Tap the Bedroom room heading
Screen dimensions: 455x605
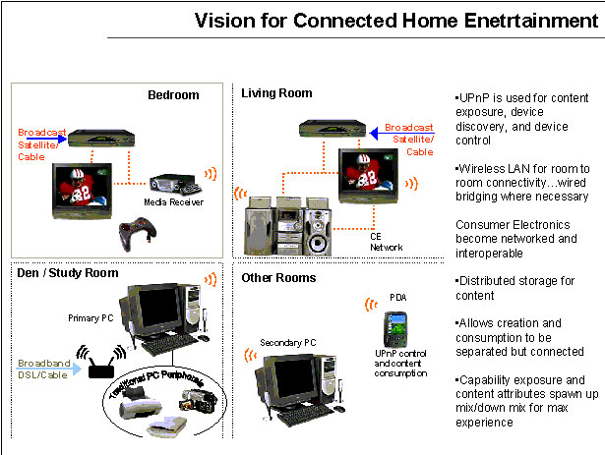pyautogui.click(x=173, y=95)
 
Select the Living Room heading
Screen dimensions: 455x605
pyautogui.click(x=276, y=93)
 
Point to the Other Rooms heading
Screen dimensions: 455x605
pyautogui.click(x=279, y=278)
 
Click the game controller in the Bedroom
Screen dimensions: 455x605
pyautogui.click(x=138, y=236)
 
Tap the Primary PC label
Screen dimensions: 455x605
pyautogui.click(x=90, y=318)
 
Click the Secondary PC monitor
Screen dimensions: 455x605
pyautogui.click(x=292, y=380)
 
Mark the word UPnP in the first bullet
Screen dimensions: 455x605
pyautogui.click(x=475, y=100)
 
